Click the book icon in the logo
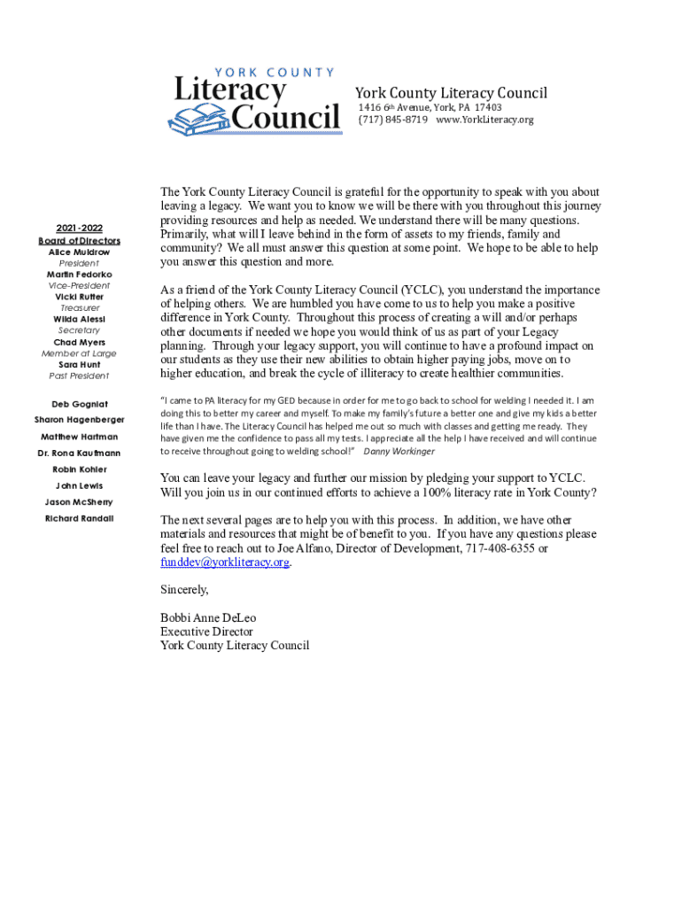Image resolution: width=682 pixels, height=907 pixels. pyautogui.click(x=198, y=117)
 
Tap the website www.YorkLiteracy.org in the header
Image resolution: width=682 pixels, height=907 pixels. pyautogui.click(x=485, y=120)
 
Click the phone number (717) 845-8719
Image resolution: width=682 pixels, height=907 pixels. pyautogui.click(x=392, y=120)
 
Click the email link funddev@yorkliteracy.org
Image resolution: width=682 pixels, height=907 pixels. pyautogui.click(x=225, y=562)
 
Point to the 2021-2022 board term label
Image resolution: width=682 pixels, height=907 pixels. pyautogui.click(x=80, y=228)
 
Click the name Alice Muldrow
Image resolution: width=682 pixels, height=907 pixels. pyautogui.click(x=80, y=252)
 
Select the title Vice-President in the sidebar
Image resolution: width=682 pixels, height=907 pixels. pyautogui.click(x=80, y=285)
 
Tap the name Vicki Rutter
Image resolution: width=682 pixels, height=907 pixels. pyautogui.click(x=80, y=297)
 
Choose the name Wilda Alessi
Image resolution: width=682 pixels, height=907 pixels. pyautogui.click(x=80, y=319)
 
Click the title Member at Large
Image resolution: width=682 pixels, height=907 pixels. pyautogui.click(x=80, y=353)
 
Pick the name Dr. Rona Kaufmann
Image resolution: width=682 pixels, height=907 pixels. pyautogui.click(x=80, y=453)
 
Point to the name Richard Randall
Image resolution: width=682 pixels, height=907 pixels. pyautogui.click(x=80, y=518)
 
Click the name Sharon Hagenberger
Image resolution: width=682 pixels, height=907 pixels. pyautogui.click(x=80, y=419)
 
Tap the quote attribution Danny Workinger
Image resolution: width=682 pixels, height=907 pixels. pyautogui.click(x=399, y=451)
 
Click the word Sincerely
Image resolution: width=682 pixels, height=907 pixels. pyautogui.click(x=184, y=589)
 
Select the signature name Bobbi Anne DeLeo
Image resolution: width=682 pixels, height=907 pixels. pyautogui.click(x=208, y=617)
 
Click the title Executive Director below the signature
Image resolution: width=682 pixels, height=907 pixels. pyautogui.click(x=206, y=632)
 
